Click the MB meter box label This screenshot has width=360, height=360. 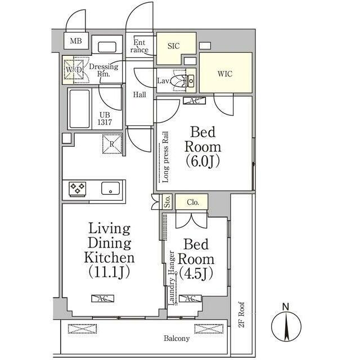pyautogui.click(x=76, y=41)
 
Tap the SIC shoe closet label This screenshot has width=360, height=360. pyautogui.click(x=174, y=46)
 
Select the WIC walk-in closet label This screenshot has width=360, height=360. pyautogui.click(x=225, y=74)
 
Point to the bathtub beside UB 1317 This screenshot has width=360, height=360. pyautogui.click(x=79, y=109)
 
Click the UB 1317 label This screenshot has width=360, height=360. pyautogui.click(x=105, y=119)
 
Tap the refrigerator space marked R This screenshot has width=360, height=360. pyautogui.click(x=112, y=144)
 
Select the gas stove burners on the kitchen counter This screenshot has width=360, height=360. pyautogui.click(x=78, y=189)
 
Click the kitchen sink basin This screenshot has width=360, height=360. pyautogui.click(x=110, y=188)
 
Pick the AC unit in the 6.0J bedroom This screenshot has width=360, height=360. pyautogui.click(x=194, y=101)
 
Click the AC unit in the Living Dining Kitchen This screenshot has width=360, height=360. pyautogui.click(x=102, y=299)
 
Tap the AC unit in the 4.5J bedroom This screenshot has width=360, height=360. pyautogui.click(x=190, y=299)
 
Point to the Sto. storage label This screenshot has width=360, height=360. pyautogui.click(x=168, y=202)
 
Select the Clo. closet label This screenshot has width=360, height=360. pyautogui.click(x=193, y=202)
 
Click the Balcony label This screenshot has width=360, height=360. pyautogui.click(x=177, y=339)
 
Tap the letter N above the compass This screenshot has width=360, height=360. pyautogui.click(x=286, y=307)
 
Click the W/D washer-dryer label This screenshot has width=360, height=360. pyautogui.click(x=74, y=69)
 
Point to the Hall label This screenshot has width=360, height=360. pyautogui.click(x=139, y=94)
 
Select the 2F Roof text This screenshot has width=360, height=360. pyautogui.click(x=241, y=314)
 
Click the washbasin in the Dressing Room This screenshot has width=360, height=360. pyautogui.click(x=107, y=47)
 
